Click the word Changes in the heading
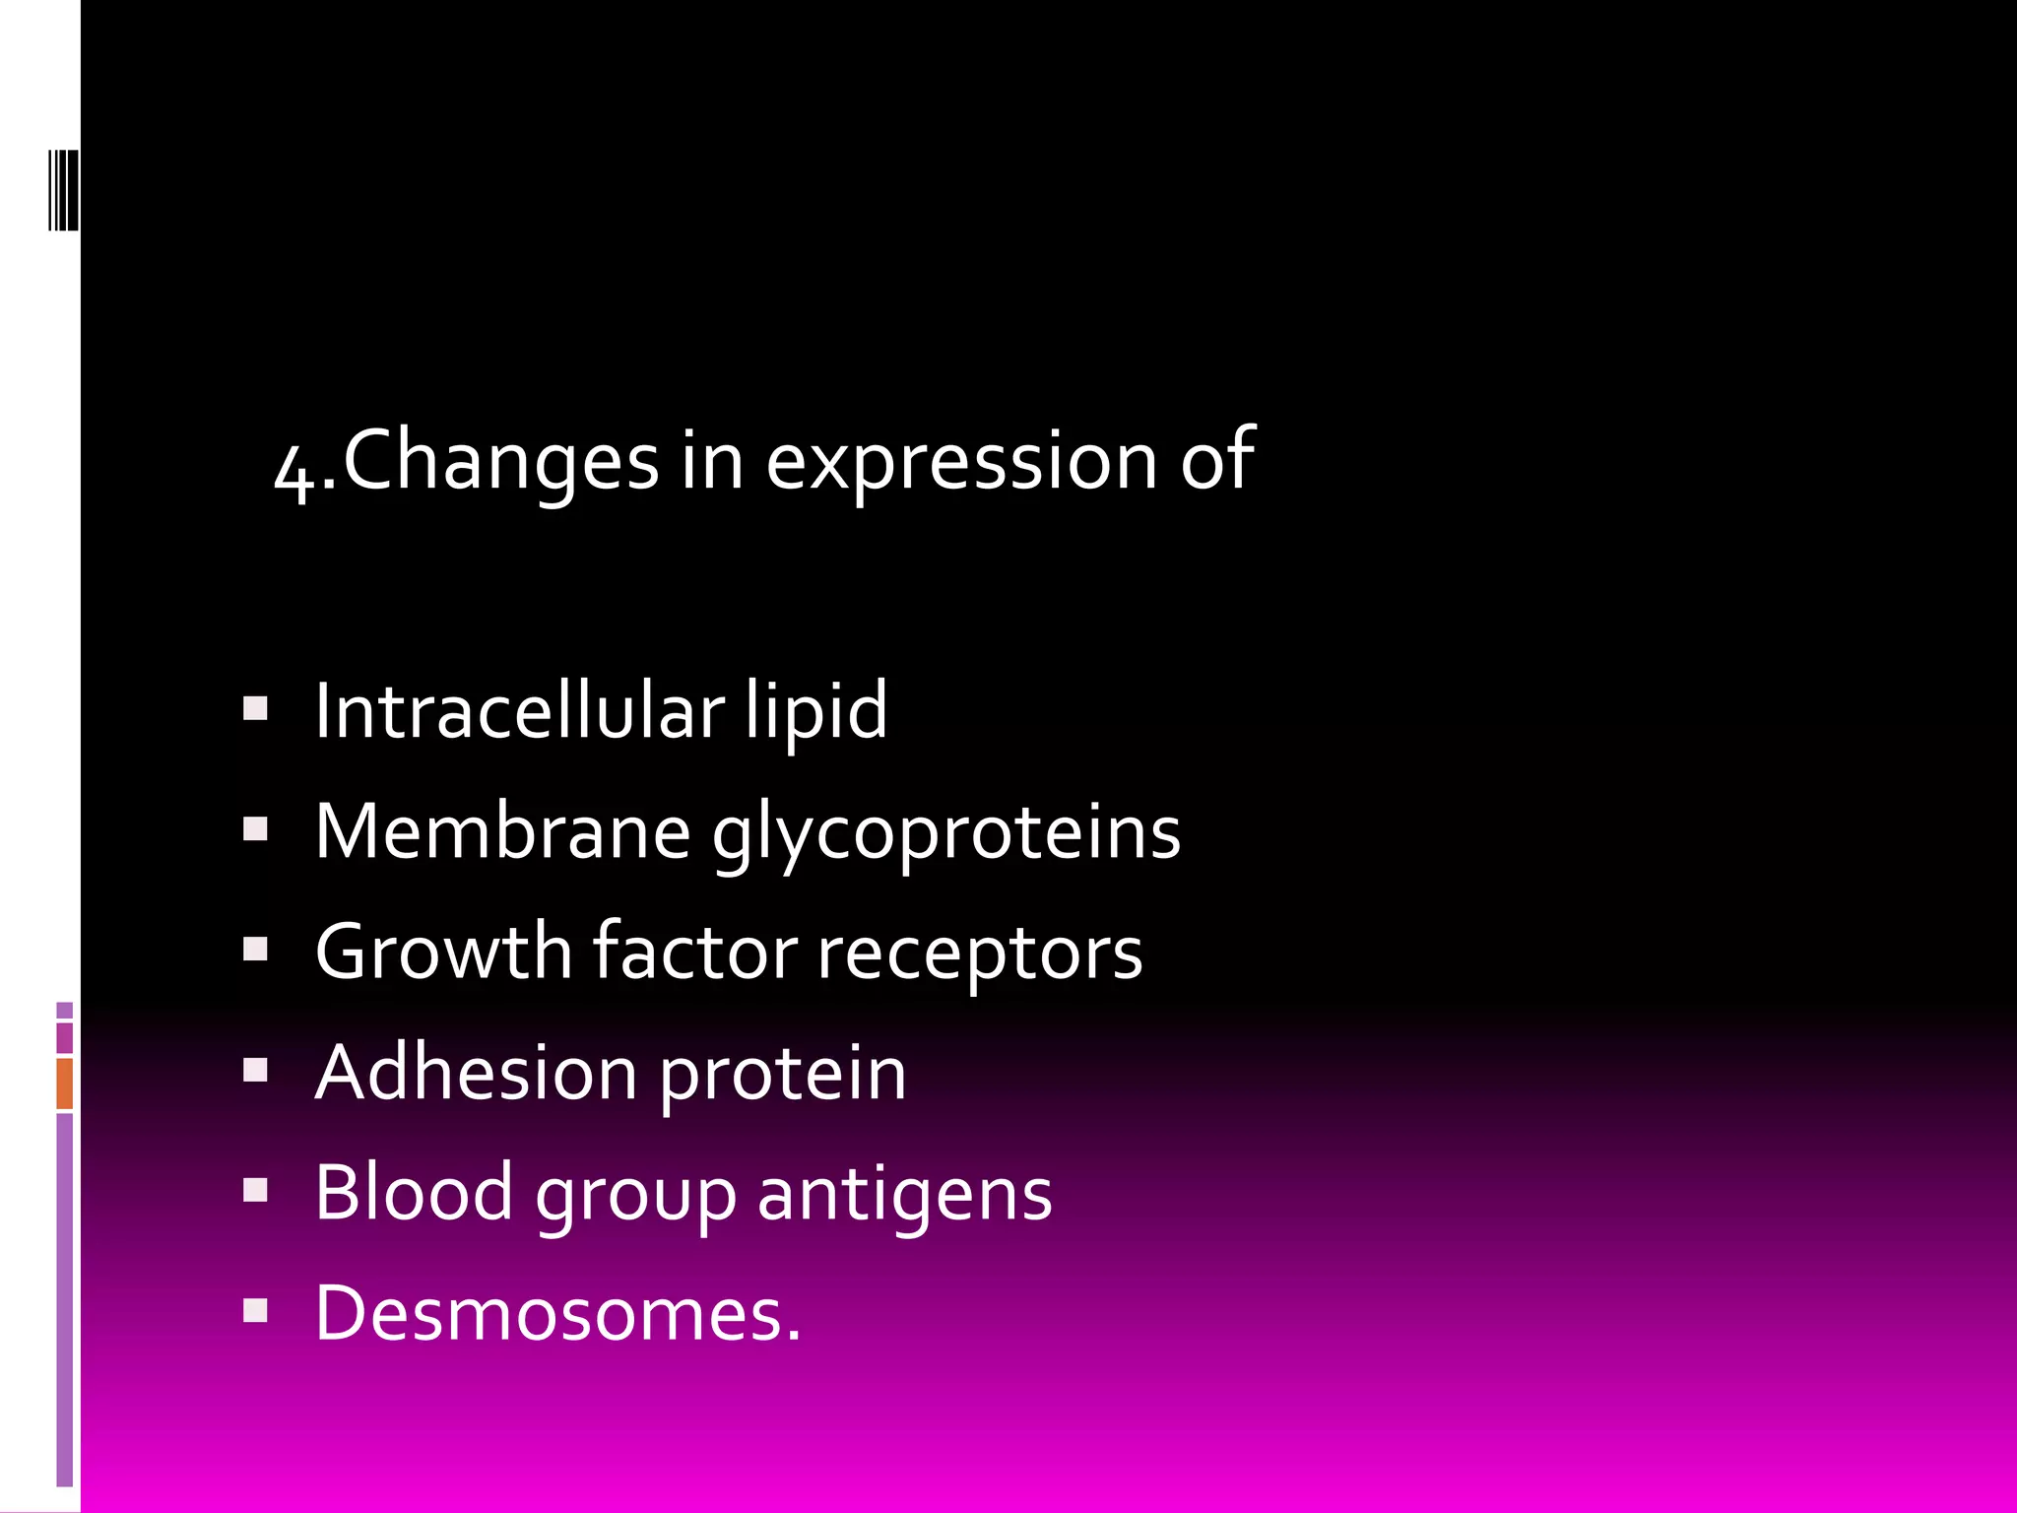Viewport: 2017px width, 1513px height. [500, 460]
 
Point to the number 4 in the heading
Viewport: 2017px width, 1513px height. [294, 471]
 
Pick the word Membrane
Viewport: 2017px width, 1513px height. [502, 831]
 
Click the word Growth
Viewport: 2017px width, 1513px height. [443, 952]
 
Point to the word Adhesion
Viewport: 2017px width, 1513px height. [476, 1072]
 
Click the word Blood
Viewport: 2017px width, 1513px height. [414, 1192]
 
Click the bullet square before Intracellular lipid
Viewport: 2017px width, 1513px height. [255, 709]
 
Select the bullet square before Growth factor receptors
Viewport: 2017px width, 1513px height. [255, 950]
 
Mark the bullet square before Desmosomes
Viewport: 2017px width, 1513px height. [255, 1310]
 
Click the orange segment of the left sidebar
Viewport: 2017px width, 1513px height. [65, 1083]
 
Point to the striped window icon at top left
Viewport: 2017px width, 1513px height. [63, 189]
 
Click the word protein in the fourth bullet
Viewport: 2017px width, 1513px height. [782, 1074]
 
